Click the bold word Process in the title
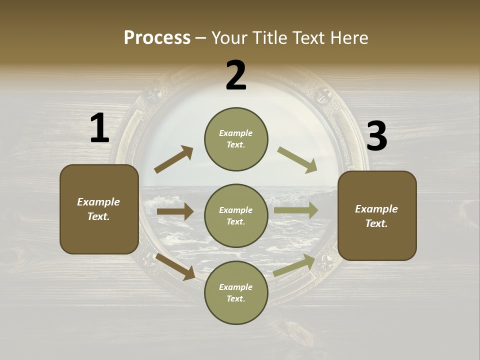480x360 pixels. coord(157,37)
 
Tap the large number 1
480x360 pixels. coord(99,128)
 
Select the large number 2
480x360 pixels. coord(236,75)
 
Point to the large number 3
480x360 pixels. coord(376,136)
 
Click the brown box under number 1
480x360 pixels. coord(99,209)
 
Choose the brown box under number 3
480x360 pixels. coord(377,215)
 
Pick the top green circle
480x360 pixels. coord(236,139)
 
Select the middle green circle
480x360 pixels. coord(236,215)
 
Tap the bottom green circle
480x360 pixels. coord(236,292)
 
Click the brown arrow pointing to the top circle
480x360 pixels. coord(174,159)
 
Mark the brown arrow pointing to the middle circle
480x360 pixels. coord(175,211)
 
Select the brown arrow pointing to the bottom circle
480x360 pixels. coord(175,266)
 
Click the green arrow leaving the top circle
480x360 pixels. coord(297,160)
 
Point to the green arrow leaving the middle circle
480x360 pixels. coord(296,210)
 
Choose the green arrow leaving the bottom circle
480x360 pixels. coord(294,265)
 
